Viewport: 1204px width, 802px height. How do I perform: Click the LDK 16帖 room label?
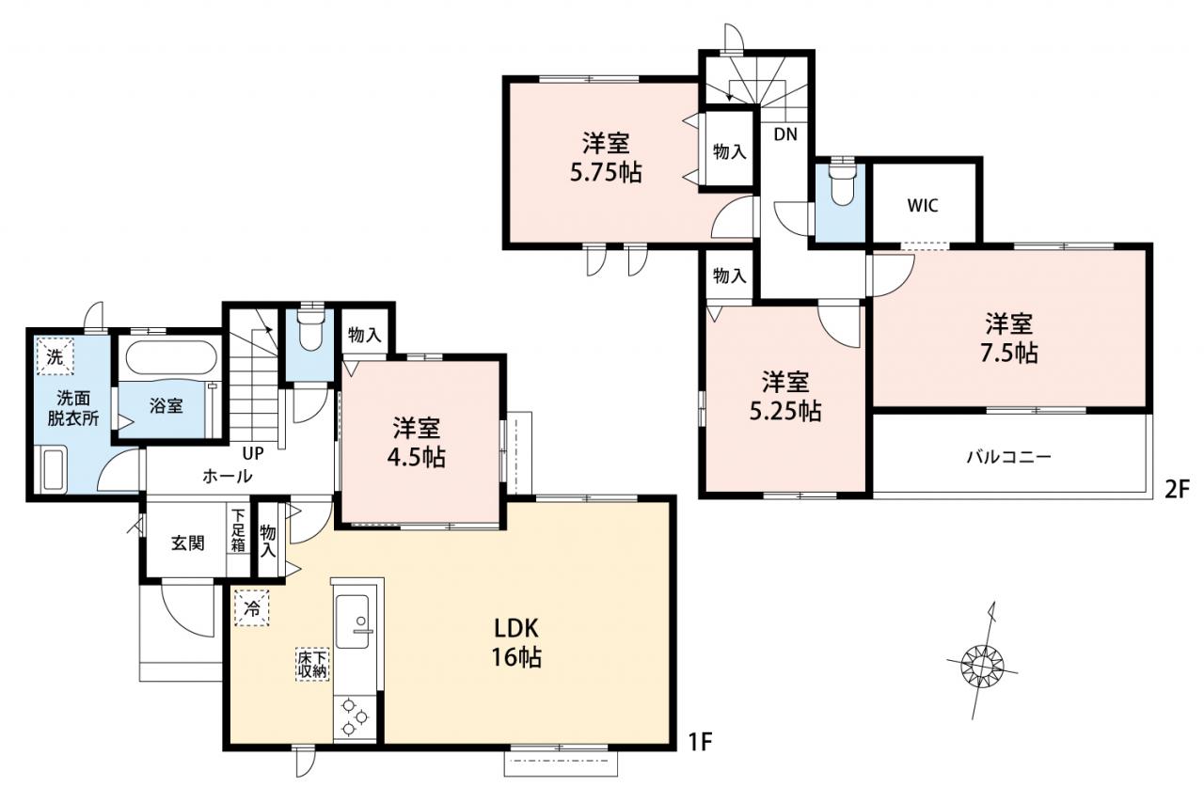click(x=516, y=642)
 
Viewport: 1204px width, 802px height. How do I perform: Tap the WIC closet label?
click(x=923, y=205)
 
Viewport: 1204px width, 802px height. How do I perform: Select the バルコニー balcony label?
click(x=1009, y=457)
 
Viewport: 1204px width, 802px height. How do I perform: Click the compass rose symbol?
click(x=982, y=666)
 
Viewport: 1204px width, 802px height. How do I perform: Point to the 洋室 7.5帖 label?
click(x=1009, y=338)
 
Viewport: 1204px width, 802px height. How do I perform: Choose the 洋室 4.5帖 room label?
click(x=417, y=442)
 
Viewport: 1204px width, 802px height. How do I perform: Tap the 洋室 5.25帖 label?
click(x=785, y=397)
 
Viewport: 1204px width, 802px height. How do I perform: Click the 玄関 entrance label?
click(x=188, y=543)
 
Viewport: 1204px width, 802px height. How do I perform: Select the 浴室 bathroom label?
click(x=166, y=406)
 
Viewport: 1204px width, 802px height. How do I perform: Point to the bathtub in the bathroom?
click(x=171, y=360)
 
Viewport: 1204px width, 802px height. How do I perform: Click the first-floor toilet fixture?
click(x=309, y=329)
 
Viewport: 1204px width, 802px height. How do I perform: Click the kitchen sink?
click(x=353, y=621)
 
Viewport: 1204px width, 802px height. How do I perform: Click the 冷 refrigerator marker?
click(x=251, y=608)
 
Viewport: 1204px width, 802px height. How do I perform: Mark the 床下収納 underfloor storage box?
click(x=312, y=665)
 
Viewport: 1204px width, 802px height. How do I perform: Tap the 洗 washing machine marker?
click(x=55, y=355)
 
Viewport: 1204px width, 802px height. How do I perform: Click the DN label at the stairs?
click(x=785, y=134)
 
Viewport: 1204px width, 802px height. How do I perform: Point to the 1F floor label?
click(x=700, y=742)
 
